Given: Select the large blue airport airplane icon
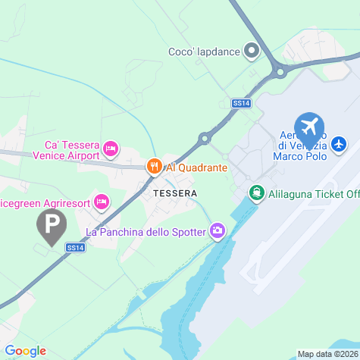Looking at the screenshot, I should click(x=308, y=126).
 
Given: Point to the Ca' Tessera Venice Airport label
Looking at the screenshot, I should click(x=67, y=150).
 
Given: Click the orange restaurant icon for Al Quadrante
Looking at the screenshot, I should click(x=154, y=167).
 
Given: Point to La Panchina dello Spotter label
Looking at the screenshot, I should click(x=146, y=231).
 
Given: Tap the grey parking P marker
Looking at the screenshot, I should click(x=52, y=225).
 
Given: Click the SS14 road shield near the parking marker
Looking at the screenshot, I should click(x=74, y=247).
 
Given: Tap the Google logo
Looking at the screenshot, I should click(x=25, y=351).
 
